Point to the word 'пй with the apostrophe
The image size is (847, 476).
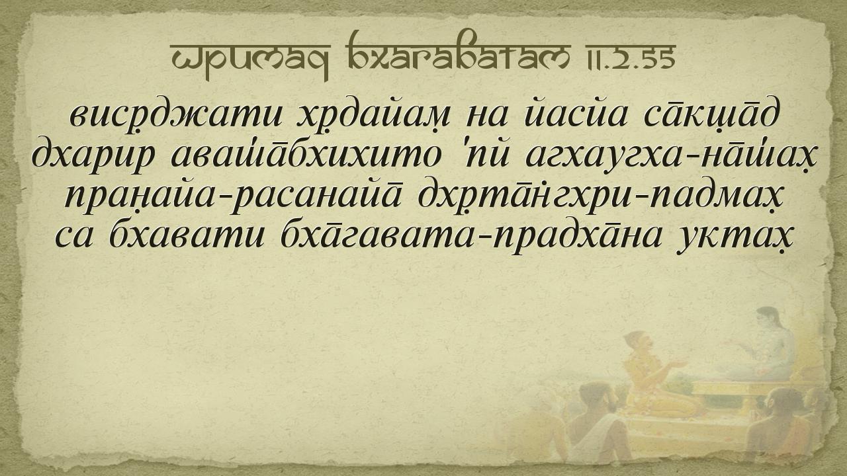tap(484, 154)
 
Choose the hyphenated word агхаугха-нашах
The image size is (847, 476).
tap(672, 155)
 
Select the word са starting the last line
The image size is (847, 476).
tap(74, 237)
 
